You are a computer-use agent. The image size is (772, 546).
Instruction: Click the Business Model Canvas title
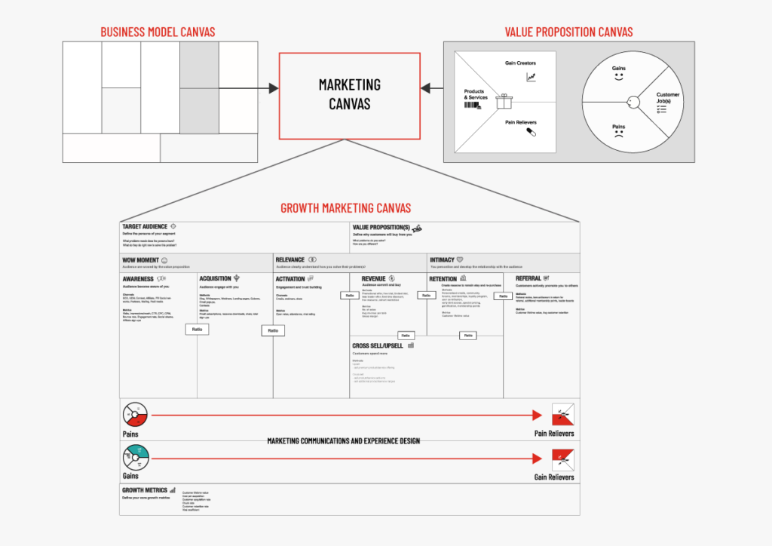158,32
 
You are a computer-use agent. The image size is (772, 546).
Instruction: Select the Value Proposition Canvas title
568,32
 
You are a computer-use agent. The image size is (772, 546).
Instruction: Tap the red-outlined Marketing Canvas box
349,95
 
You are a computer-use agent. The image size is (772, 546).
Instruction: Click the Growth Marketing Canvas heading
345,208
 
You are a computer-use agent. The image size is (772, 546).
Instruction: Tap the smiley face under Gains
619,78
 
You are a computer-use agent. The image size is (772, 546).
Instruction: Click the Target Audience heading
145,226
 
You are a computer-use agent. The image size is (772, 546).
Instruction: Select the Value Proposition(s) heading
381,227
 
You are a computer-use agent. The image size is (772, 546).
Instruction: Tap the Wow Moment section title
140,260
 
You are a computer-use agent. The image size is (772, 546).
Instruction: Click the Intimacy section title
442,260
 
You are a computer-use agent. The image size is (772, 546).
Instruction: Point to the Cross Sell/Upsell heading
378,345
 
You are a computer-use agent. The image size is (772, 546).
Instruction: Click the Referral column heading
528,278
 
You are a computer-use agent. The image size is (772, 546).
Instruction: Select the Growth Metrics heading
145,490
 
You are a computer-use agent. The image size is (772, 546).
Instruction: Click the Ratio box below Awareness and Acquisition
197,330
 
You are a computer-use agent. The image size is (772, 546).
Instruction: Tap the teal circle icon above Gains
136,456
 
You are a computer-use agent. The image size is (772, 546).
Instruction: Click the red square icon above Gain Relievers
562,456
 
